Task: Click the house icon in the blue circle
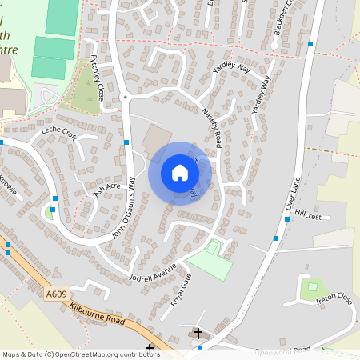[180, 173]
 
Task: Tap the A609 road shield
[55, 295]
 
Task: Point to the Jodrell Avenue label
[151, 274]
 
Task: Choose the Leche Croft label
[58, 133]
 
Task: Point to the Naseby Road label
[210, 126]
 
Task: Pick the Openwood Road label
[282, 350]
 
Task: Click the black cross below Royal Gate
[198, 331]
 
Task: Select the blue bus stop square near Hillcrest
[276, 238]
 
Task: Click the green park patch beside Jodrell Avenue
[209, 259]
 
